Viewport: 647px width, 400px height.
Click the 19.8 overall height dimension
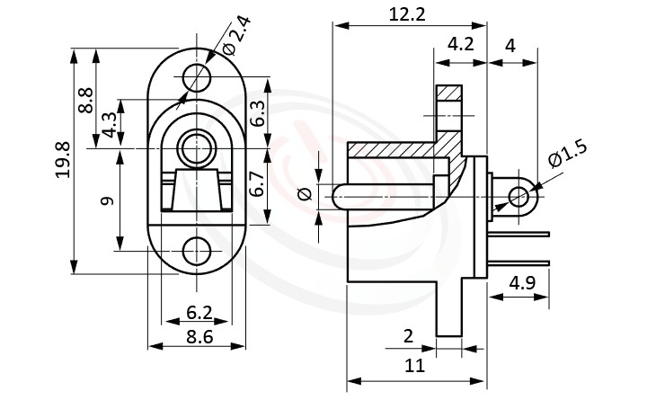tap(62, 160)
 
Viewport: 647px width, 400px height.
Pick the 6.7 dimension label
tap(257, 184)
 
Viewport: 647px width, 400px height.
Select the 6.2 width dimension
tap(199, 313)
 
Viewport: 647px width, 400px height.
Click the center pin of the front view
tap(195, 147)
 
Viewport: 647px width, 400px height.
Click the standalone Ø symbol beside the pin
tap(303, 193)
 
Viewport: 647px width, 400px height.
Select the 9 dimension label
tap(109, 200)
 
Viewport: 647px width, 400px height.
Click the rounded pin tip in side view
tap(337, 195)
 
